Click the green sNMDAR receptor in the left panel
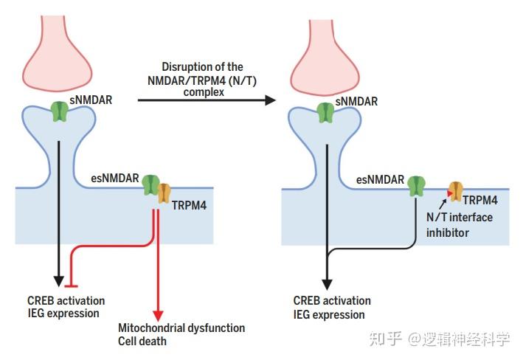click(x=60, y=111)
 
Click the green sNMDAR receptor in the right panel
click(x=325, y=111)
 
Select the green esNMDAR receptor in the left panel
click(x=151, y=185)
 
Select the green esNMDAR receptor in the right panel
click(x=417, y=185)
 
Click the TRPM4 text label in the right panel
click(x=479, y=199)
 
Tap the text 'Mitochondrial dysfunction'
click(x=181, y=328)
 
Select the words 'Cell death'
click(x=142, y=341)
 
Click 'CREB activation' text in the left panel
click(x=65, y=301)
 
